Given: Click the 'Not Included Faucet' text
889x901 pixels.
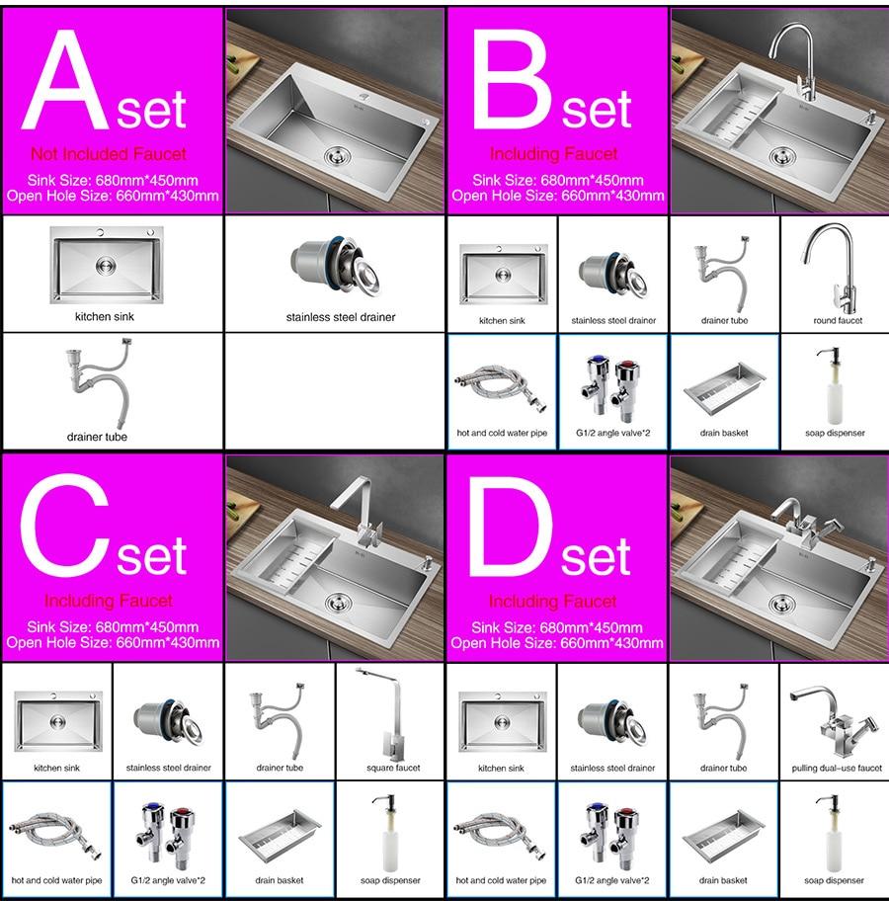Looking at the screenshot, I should click(x=109, y=154).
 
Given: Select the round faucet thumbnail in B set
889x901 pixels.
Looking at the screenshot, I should click(x=833, y=269).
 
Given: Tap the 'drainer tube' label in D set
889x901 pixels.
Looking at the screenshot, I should click(x=723, y=768).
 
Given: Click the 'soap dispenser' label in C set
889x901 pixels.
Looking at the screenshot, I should click(x=391, y=880).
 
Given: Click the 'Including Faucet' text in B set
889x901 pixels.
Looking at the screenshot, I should click(x=553, y=154).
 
